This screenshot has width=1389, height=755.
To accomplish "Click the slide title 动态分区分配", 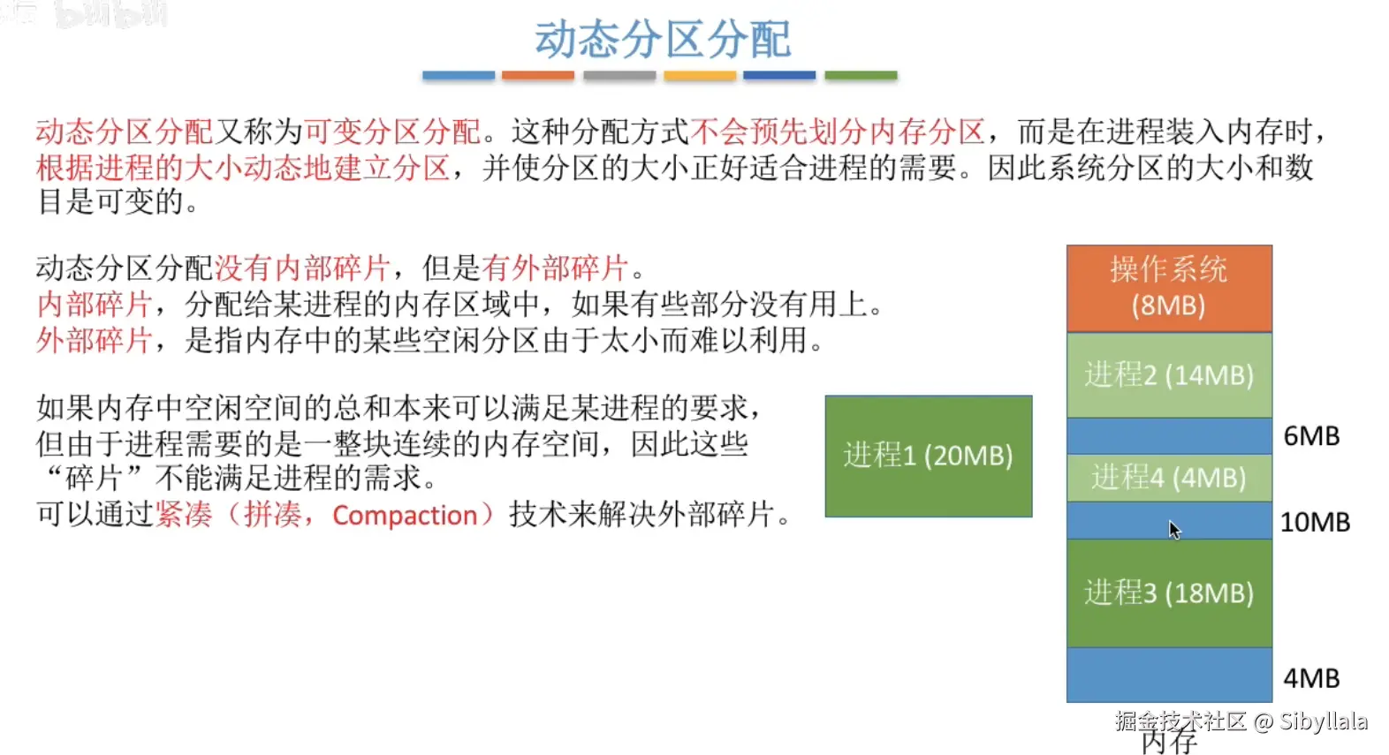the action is (x=663, y=39).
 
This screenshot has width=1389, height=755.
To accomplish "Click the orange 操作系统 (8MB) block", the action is (x=1169, y=288).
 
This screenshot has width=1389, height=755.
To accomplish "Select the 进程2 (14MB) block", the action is (x=1169, y=375).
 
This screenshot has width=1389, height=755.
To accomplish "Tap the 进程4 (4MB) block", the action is (x=1169, y=478).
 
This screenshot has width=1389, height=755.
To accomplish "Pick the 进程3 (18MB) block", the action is (x=1169, y=593).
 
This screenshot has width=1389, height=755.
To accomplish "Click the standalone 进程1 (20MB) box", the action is (x=929, y=456).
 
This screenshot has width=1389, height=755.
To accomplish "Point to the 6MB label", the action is (x=1311, y=436).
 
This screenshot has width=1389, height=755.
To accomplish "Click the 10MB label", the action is (x=1315, y=523).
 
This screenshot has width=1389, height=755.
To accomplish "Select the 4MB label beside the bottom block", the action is (x=1311, y=678).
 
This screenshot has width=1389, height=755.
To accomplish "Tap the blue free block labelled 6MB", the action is (x=1169, y=436).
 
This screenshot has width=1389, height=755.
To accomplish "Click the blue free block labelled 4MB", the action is (x=1169, y=675).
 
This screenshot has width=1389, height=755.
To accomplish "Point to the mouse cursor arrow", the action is (x=1174, y=530).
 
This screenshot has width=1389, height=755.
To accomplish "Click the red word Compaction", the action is (x=405, y=516).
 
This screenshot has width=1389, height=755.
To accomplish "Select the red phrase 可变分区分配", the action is (x=392, y=132).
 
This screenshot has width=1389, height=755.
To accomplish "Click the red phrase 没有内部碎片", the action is (x=302, y=268).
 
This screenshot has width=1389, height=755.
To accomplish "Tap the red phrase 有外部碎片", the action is (x=555, y=268).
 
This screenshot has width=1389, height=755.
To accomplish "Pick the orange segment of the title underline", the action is (x=537, y=76).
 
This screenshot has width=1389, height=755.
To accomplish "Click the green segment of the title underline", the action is (x=861, y=76).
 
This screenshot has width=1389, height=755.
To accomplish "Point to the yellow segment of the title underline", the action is (x=700, y=76).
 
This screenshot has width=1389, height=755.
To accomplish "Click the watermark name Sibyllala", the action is (x=1324, y=721).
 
